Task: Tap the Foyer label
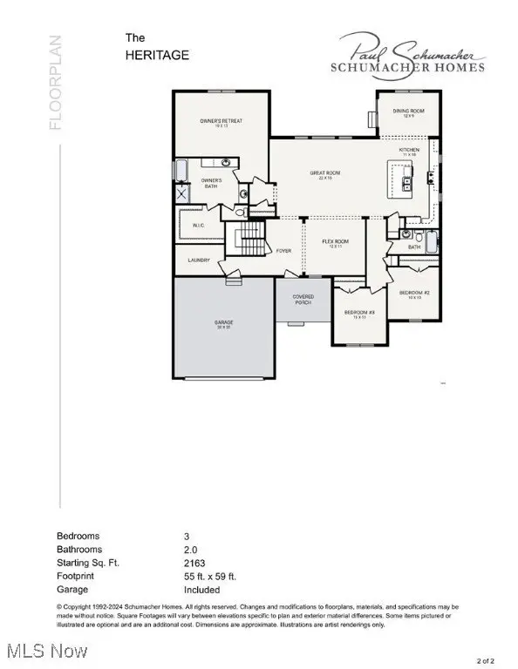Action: click(x=283, y=251)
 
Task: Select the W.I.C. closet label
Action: click(x=198, y=225)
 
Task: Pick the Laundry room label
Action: click(x=200, y=260)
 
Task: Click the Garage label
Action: click(x=224, y=323)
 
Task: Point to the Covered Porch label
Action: click(x=302, y=299)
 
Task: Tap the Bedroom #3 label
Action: click(x=358, y=314)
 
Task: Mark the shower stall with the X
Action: click(x=181, y=195)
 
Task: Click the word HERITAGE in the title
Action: click(x=157, y=55)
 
